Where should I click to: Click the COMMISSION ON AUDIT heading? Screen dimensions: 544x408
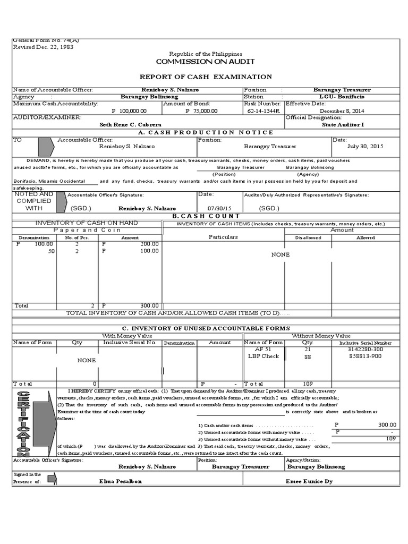pos(206,62)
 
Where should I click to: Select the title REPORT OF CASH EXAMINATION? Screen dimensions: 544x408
pos(206,77)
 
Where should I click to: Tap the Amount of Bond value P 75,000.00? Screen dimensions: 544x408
pos(201,111)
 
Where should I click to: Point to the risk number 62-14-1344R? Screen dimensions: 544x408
pos(264,111)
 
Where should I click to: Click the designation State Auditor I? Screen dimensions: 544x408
pos(343,125)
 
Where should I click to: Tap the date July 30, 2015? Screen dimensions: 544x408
pos(365,146)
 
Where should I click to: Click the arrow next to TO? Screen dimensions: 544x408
pos(46,147)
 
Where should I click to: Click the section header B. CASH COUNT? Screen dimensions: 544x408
pos(205,216)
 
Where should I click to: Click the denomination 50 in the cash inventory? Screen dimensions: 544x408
pos(52,251)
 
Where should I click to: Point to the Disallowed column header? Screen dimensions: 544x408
pos(308,237)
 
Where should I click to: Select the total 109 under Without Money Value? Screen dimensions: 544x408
pos(307,384)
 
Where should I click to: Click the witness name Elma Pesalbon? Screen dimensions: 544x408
pos(121,481)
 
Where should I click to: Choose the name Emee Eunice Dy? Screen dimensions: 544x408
pos(309,481)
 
